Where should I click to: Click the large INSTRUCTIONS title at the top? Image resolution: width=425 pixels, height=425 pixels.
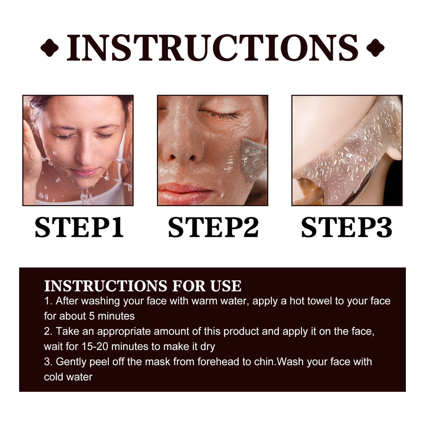[212, 47]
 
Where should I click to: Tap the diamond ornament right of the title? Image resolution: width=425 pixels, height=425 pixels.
[375, 47]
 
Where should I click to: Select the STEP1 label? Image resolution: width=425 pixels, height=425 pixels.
[79, 227]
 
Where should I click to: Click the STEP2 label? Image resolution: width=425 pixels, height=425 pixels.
[213, 227]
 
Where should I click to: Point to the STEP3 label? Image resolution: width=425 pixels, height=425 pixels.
[347, 227]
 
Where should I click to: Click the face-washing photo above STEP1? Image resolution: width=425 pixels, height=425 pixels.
[78, 150]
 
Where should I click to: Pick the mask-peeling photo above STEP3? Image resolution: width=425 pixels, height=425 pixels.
[347, 150]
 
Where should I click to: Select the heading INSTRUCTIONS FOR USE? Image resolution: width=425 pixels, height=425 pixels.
[142, 286]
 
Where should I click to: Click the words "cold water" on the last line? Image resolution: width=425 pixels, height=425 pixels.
[68, 377]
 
